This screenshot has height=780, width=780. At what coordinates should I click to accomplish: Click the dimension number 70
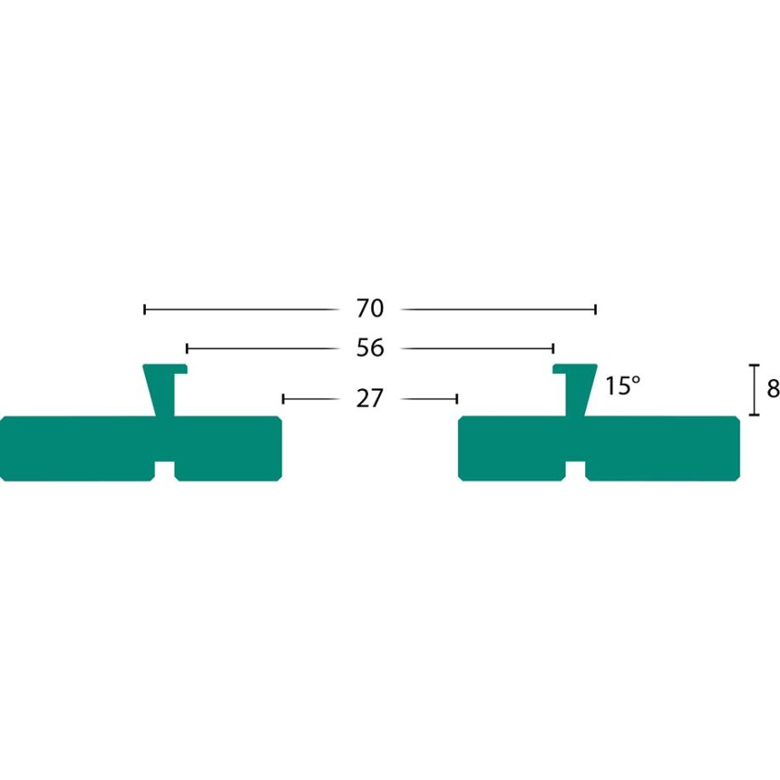click(x=370, y=309)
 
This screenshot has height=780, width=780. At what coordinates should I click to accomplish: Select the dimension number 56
click(x=370, y=348)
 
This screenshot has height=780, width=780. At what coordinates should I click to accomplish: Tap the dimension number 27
click(x=370, y=398)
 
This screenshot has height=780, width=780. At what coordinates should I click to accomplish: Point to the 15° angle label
click(x=622, y=387)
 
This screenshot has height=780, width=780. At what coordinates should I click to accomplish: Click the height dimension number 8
click(x=772, y=389)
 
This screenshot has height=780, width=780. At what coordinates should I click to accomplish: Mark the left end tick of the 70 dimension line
click(x=145, y=309)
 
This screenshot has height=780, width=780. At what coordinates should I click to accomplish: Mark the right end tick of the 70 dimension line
click(x=595, y=309)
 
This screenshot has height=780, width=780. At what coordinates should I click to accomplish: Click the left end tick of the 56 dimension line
click(x=187, y=348)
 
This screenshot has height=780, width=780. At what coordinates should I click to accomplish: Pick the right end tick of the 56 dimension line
click(x=553, y=348)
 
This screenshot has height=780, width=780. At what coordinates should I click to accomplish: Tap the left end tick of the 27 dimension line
click(x=283, y=398)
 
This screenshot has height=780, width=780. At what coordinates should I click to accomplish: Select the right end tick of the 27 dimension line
click(x=457, y=398)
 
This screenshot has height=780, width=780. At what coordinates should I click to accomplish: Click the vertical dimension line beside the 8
click(x=754, y=390)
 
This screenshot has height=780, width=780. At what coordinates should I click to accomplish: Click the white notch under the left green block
click(x=164, y=471)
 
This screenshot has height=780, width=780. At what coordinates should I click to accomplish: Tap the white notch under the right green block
click(x=575, y=471)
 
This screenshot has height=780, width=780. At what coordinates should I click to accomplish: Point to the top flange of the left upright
click(x=164, y=368)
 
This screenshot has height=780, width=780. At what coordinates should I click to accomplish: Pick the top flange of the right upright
click(x=575, y=368)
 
